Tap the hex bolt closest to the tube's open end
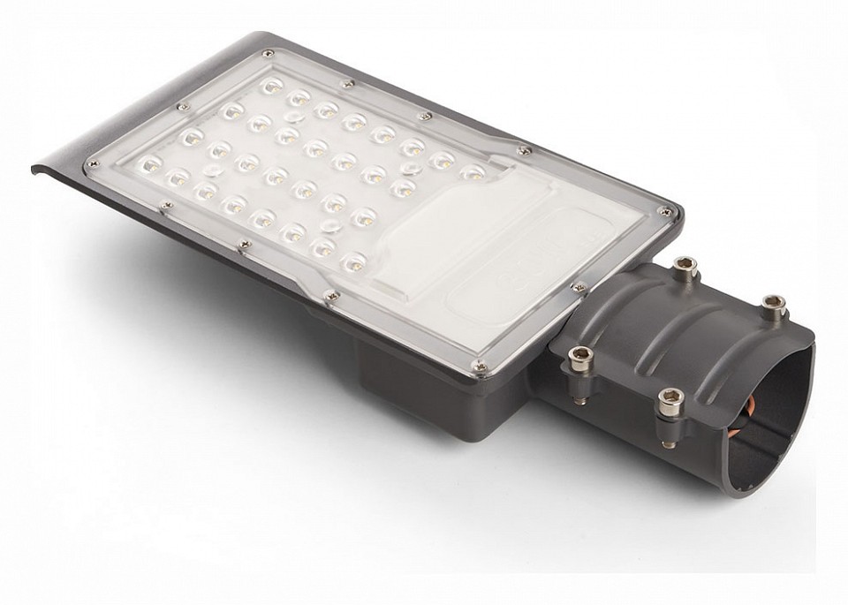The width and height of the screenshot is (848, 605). [x=774, y=306]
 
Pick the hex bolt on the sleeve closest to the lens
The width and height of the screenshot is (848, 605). [x=579, y=358]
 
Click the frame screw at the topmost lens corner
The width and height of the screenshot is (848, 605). [x=267, y=55]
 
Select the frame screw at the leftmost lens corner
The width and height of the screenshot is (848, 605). [x=91, y=164]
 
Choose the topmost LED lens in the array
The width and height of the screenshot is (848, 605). [x=271, y=87]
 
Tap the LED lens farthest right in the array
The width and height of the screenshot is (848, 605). [x=473, y=171]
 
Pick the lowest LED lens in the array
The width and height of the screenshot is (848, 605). [x=352, y=261]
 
